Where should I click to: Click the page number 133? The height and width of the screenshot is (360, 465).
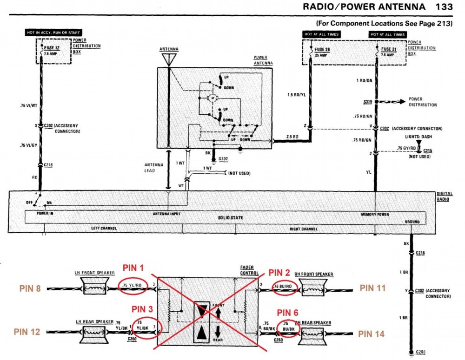coord(445,7)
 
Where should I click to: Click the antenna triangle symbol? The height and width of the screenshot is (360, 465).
coord(169,59)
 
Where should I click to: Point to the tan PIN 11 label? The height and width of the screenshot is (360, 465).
coord(373,288)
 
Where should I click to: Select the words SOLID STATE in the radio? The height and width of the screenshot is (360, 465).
coord(230,218)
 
